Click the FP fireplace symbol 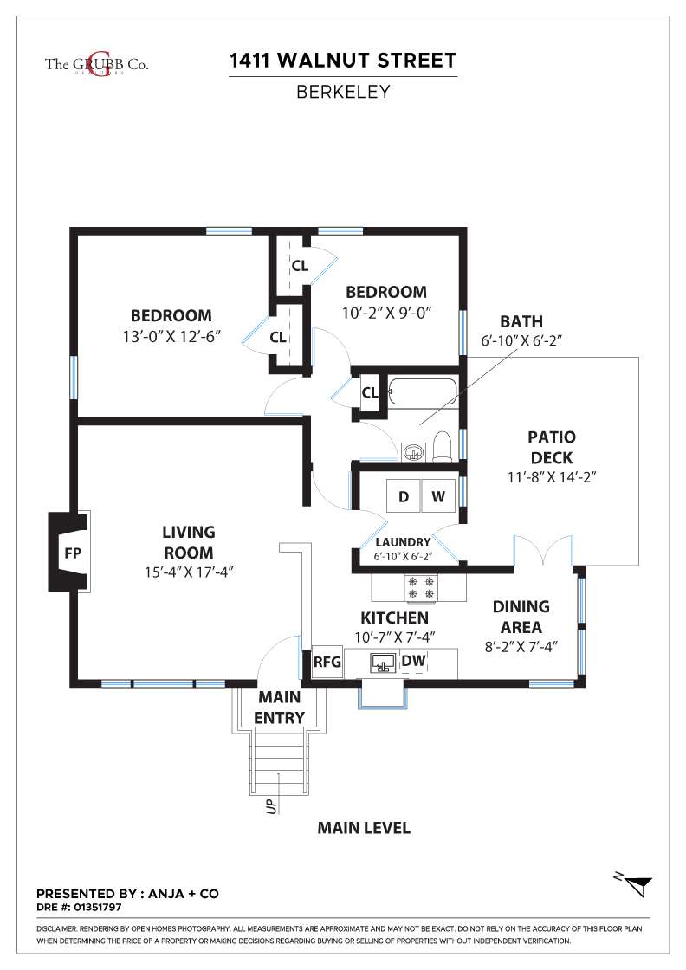(69, 551)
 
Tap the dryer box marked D (404, 495)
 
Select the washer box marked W (438, 495)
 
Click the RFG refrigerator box (327, 662)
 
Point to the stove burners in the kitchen (421, 588)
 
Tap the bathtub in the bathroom (423, 392)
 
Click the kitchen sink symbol (383, 663)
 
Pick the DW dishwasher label (413, 661)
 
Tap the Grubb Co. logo (96, 64)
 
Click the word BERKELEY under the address (343, 92)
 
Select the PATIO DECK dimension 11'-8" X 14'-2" (552, 477)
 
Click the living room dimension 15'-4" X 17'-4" (189, 572)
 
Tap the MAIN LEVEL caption (364, 828)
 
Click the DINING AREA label (521, 617)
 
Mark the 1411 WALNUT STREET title (343, 61)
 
